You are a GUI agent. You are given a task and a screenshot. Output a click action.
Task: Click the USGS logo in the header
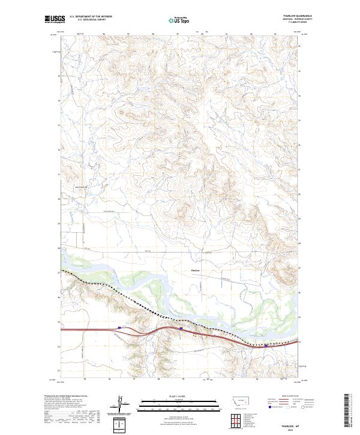pos(53,19)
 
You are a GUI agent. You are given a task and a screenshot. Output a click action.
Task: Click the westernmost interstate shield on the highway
pos(119,327)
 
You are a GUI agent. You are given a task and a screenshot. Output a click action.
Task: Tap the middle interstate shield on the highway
pos(181,328)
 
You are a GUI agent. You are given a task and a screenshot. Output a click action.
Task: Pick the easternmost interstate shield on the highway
pos(266,346)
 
